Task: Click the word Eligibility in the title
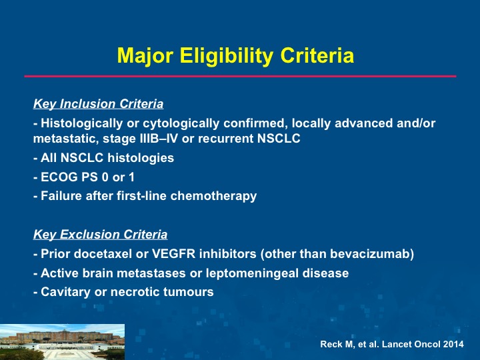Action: pos(226,56)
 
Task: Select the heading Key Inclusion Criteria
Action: pos(98,104)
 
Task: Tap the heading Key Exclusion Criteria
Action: pos(101,235)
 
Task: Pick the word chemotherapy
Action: pos(213,196)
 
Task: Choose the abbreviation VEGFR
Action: pos(173,254)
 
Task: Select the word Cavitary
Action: pos(65,292)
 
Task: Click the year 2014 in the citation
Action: pos(453,344)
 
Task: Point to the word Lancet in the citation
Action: pos(397,344)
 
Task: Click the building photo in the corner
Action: pos(62,342)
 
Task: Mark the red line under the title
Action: pos(240,76)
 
